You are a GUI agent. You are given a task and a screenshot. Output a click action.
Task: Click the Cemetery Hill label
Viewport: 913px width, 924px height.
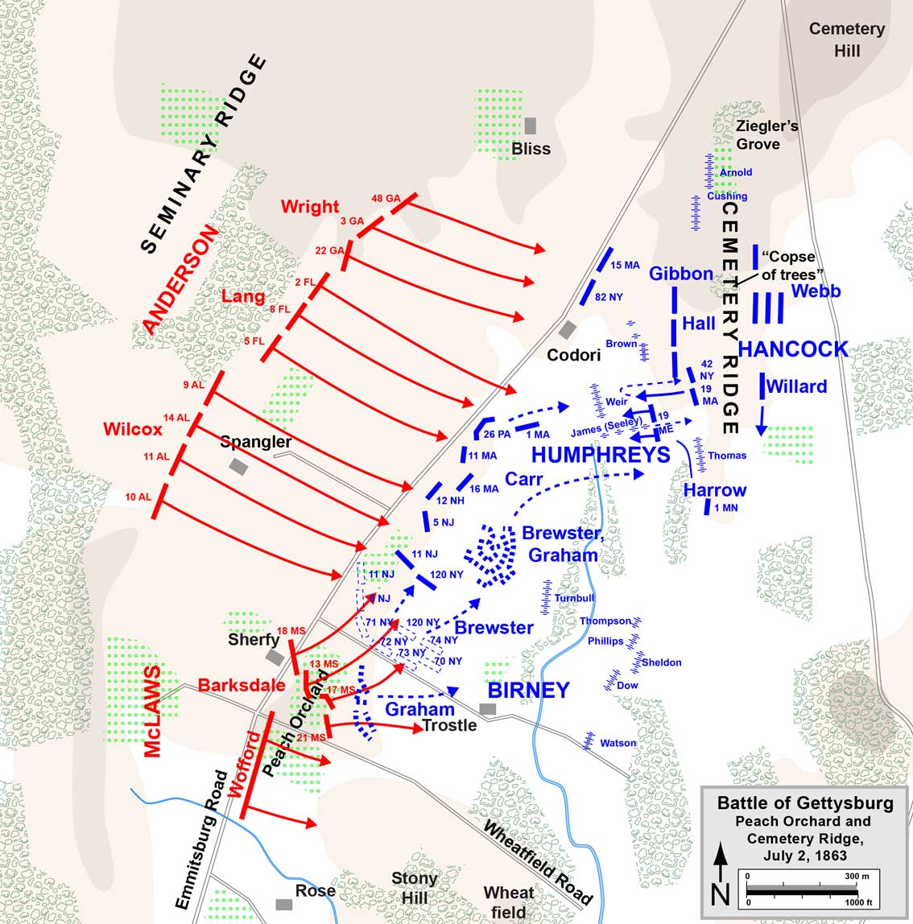[x=846, y=39]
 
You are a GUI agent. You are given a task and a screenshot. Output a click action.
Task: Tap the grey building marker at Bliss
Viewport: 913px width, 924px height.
[x=530, y=126]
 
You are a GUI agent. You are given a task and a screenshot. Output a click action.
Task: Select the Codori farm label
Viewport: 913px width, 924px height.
[x=574, y=355]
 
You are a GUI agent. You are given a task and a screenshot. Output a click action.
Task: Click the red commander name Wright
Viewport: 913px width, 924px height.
[x=310, y=206]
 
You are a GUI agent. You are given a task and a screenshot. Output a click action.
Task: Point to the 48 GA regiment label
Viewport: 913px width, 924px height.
[x=386, y=198]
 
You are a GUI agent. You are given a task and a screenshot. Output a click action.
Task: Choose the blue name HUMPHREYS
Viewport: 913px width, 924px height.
[x=601, y=455]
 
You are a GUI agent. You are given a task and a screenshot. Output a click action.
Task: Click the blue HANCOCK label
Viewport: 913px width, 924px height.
[x=793, y=349]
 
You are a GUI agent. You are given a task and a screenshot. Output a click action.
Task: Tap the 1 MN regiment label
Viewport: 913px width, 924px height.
[x=725, y=508]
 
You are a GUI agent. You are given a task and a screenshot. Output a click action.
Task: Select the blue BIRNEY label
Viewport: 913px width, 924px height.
[x=529, y=690]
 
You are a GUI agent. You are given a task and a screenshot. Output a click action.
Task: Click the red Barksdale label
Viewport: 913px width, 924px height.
[x=242, y=685]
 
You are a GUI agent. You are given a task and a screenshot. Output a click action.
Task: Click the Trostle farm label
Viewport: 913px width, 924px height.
[x=449, y=725]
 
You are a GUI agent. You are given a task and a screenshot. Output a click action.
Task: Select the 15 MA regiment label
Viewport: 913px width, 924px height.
[x=625, y=266]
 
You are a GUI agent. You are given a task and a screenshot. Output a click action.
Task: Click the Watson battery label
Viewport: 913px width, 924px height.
[x=618, y=743]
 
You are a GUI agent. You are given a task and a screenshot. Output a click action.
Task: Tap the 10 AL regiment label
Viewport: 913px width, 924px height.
[x=138, y=497]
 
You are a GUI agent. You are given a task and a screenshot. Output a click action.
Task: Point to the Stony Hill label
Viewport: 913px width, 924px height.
[x=414, y=887]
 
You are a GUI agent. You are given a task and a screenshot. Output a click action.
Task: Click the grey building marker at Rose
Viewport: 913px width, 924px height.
[x=283, y=904]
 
